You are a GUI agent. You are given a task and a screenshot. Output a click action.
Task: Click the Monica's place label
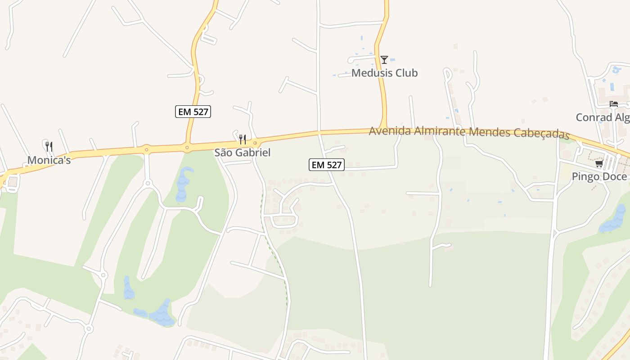(49, 160)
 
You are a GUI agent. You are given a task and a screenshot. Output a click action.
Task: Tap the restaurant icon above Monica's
(49, 146)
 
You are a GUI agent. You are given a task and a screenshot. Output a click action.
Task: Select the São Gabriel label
(242, 153)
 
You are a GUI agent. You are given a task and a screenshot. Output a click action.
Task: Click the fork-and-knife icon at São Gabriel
(242, 139)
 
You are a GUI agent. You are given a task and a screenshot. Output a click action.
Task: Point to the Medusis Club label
(384, 73)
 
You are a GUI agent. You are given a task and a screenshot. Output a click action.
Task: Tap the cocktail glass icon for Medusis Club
(384, 59)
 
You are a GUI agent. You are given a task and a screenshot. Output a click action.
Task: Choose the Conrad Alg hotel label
(603, 117)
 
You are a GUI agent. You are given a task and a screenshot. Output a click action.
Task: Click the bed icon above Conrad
(613, 104)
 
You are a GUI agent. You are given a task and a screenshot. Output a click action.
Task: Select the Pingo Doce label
(599, 176)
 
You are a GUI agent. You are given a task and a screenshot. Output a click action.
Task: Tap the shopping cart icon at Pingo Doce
(599, 163)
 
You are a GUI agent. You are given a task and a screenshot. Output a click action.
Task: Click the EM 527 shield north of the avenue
(193, 112)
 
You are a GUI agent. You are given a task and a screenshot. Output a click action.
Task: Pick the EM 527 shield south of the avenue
(327, 165)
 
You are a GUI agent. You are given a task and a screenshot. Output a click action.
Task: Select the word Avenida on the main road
(390, 131)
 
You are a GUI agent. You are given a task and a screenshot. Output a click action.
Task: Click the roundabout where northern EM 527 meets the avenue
(187, 146)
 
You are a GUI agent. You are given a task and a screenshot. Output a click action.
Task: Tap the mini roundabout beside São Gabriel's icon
(255, 143)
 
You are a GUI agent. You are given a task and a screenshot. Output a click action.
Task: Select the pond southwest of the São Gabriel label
(183, 184)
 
